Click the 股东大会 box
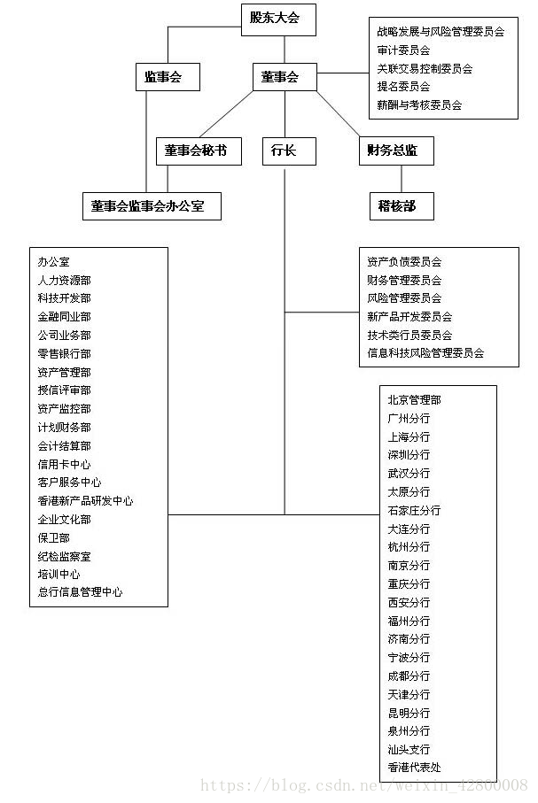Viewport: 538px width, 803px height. pos(278,19)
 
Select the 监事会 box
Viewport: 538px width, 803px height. pos(167,77)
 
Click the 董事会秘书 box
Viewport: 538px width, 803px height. pos(197,151)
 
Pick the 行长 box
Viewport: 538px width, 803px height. pos(284,151)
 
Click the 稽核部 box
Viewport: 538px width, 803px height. pos(396,206)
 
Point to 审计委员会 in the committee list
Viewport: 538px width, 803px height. pos(403,50)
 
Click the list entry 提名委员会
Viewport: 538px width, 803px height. pos(403,87)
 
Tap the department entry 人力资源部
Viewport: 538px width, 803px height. pos(64,281)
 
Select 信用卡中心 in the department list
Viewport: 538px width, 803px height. pos(64,464)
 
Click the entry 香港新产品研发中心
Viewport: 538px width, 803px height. pos(85,501)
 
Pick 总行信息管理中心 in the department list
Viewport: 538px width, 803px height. pos(80,592)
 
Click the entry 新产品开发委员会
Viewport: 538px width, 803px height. pos(409,316)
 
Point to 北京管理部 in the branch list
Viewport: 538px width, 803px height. pos(414,400)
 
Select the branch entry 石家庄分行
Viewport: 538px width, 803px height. pos(414,511)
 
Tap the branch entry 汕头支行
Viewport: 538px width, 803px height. pos(409,749)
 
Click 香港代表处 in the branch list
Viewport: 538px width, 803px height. pos(414,768)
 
